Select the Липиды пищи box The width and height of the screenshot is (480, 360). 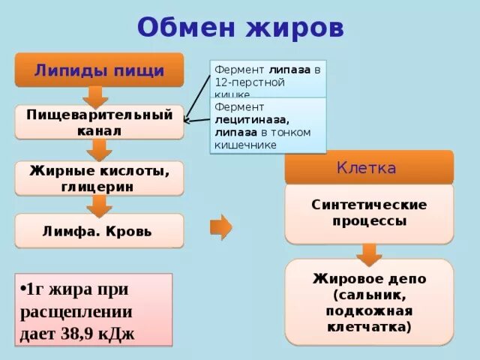(99, 70)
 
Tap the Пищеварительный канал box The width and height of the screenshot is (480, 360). (99, 122)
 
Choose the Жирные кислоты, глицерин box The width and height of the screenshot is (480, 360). (99, 178)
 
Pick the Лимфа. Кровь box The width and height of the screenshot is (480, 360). (99, 231)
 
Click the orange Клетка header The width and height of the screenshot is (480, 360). (369, 167)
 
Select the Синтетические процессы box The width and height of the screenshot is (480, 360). (369, 213)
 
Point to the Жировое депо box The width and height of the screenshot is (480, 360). (369, 302)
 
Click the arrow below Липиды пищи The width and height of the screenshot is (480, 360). (94, 97)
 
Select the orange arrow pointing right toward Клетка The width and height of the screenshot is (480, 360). (220, 226)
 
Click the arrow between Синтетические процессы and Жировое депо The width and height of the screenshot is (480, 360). (368, 254)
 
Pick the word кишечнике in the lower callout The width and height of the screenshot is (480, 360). (246, 145)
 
